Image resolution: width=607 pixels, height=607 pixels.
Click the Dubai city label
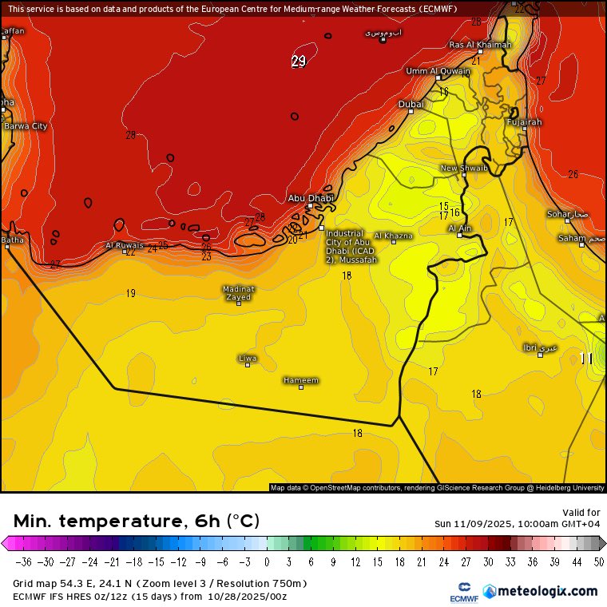pos(411,104)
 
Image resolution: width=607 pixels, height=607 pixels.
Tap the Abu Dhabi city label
pos(310,197)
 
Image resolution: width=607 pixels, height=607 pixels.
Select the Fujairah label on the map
pos(524,122)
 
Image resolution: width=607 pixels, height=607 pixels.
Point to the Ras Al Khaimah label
pos(479,45)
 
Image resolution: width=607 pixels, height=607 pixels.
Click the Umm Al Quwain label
pos(438,71)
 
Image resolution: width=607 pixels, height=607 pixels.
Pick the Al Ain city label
pos(459,228)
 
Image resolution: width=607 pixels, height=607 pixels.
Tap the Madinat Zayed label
pos(238,292)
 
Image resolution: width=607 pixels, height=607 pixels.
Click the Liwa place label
pos(248,358)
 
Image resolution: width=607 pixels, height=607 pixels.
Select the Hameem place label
pos(301,380)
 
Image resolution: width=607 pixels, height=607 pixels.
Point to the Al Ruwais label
pos(125,245)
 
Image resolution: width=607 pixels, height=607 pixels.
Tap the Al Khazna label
pos(393,236)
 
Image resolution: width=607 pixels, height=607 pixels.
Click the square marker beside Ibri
pos(541,355)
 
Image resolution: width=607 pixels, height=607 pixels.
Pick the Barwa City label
pos(25,126)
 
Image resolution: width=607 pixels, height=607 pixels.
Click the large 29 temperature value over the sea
pos(298,61)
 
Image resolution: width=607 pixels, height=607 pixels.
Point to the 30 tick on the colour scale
pos(487,561)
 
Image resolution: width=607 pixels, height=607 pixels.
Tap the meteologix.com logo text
pos(547,591)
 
